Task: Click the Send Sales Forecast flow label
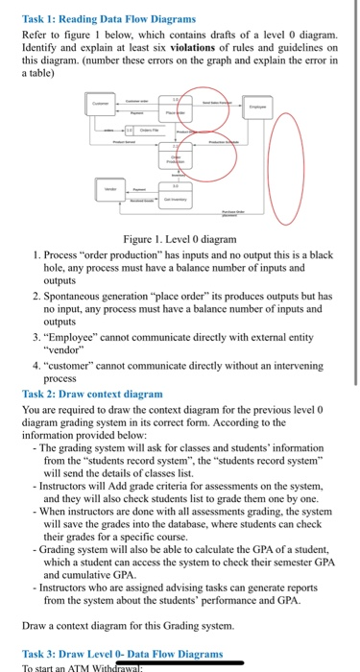click(x=220, y=101)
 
